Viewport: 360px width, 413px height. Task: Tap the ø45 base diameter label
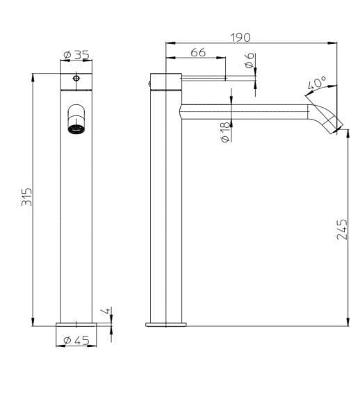coord(76,340)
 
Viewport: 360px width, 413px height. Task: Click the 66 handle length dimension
coord(197,53)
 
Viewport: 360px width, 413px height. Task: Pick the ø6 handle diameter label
coord(248,63)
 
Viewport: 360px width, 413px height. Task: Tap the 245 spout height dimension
coord(341,229)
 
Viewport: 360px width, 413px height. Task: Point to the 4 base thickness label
coord(106,311)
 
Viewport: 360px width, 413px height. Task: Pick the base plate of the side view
coord(166,324)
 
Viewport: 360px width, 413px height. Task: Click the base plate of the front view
coord(76,324)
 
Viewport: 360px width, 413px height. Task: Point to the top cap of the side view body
coord(166,80)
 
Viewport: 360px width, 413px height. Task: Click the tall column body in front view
coord(76,222)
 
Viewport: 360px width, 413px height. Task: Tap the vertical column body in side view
coord(166,222)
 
